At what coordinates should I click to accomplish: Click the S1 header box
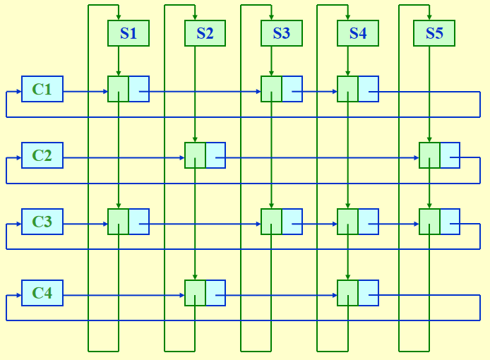[129, 33]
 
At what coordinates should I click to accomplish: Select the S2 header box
[205, 33]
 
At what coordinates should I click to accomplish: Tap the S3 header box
[281, 33]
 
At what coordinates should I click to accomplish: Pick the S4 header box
[358, 33]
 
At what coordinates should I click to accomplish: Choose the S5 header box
[434, 33]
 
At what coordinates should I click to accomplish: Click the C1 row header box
[42, 89]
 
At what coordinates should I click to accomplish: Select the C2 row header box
[42, 155]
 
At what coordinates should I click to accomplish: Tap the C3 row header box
[42, 222]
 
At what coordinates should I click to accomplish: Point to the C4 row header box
[42, 292]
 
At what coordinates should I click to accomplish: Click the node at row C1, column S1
[129, 89]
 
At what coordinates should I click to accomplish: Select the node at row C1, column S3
[282, 89]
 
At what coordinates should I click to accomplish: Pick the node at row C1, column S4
[358, 89]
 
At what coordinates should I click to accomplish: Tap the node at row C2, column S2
[205, 155]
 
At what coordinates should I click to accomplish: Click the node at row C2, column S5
[439, 155]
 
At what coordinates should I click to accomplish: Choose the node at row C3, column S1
[129, 222]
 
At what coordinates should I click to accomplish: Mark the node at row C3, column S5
[439, 222]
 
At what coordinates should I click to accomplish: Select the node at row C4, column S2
[205, 293]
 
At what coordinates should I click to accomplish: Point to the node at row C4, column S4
[358, 293]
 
